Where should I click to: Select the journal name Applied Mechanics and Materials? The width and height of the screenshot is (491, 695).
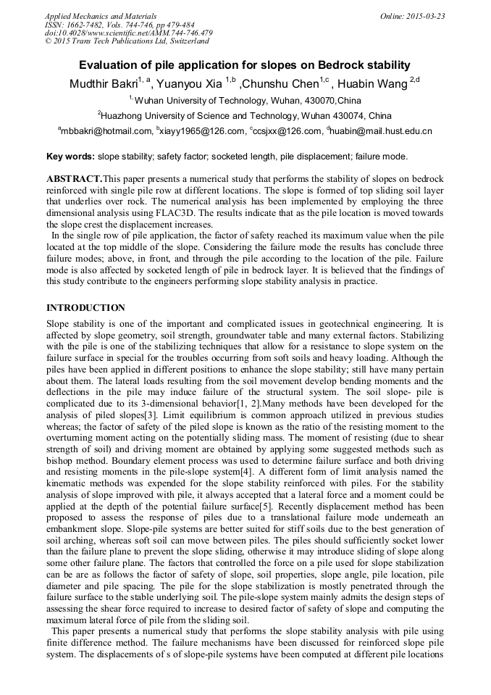(x=100, y=16)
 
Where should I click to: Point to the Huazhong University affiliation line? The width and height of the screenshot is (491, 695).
(x=246, y=115)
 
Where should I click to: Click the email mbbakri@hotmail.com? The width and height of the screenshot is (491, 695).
(x=106, y=131)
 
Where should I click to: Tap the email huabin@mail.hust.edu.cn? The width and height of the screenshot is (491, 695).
(x=382, y=131)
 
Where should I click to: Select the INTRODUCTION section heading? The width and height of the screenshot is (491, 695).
(x=85, y=308)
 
